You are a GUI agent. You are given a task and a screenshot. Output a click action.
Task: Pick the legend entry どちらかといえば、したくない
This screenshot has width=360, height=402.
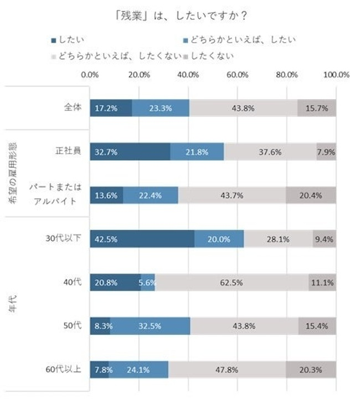tap(114, 55)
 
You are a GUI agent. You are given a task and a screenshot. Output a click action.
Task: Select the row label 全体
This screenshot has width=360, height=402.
tap(73, 108)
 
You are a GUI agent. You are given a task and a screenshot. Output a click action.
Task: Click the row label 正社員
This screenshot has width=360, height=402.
tap(69, 152)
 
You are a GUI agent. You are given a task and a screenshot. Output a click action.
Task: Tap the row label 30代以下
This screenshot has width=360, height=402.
tap(64, 238)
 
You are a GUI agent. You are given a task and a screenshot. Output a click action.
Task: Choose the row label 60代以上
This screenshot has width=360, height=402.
tap(64, 369)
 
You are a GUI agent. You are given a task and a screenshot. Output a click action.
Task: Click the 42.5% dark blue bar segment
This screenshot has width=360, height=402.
tap(142, 239)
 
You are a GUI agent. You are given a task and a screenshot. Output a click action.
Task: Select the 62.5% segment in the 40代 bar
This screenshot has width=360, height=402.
tap(232, 282)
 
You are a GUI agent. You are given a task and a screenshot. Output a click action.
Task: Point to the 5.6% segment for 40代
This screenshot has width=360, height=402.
tap(148, 282)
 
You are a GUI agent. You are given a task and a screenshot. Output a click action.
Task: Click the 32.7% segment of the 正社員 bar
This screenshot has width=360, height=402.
tap(130, 152)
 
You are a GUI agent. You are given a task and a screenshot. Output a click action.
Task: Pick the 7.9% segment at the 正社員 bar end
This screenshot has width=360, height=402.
tap(326, 152)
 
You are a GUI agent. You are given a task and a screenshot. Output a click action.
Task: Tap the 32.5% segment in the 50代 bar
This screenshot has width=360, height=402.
tap(150, 326)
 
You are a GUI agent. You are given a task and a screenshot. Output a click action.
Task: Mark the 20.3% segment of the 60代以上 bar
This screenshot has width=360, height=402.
tap(311, 369)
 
